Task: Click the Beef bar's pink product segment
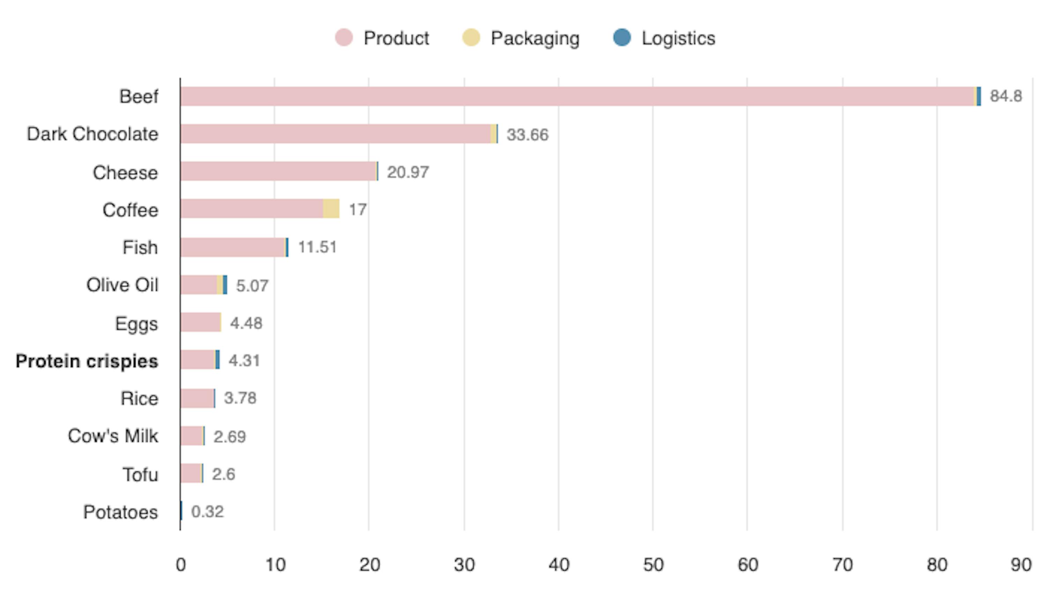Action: pos(575,97)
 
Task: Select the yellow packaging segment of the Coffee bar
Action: pos(331,209)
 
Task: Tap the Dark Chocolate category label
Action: pos(92,134)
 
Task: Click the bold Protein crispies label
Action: pos(87,361)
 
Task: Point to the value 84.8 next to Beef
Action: pos(1005,96)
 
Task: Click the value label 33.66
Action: pos(527,135)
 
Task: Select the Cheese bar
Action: pos(279,171)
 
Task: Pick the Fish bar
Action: pos(233,247)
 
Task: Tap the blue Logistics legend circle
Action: pos(622,37)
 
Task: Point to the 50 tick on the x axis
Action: pos(653,565)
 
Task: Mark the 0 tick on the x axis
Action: pos(181,565)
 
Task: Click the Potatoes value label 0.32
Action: pos(207,512)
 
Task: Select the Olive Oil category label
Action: pos(122,285)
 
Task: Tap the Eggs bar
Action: pos(200,322)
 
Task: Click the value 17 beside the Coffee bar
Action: pos(357,209)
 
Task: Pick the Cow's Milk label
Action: pos(113,436)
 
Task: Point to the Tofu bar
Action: pos(191,473)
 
